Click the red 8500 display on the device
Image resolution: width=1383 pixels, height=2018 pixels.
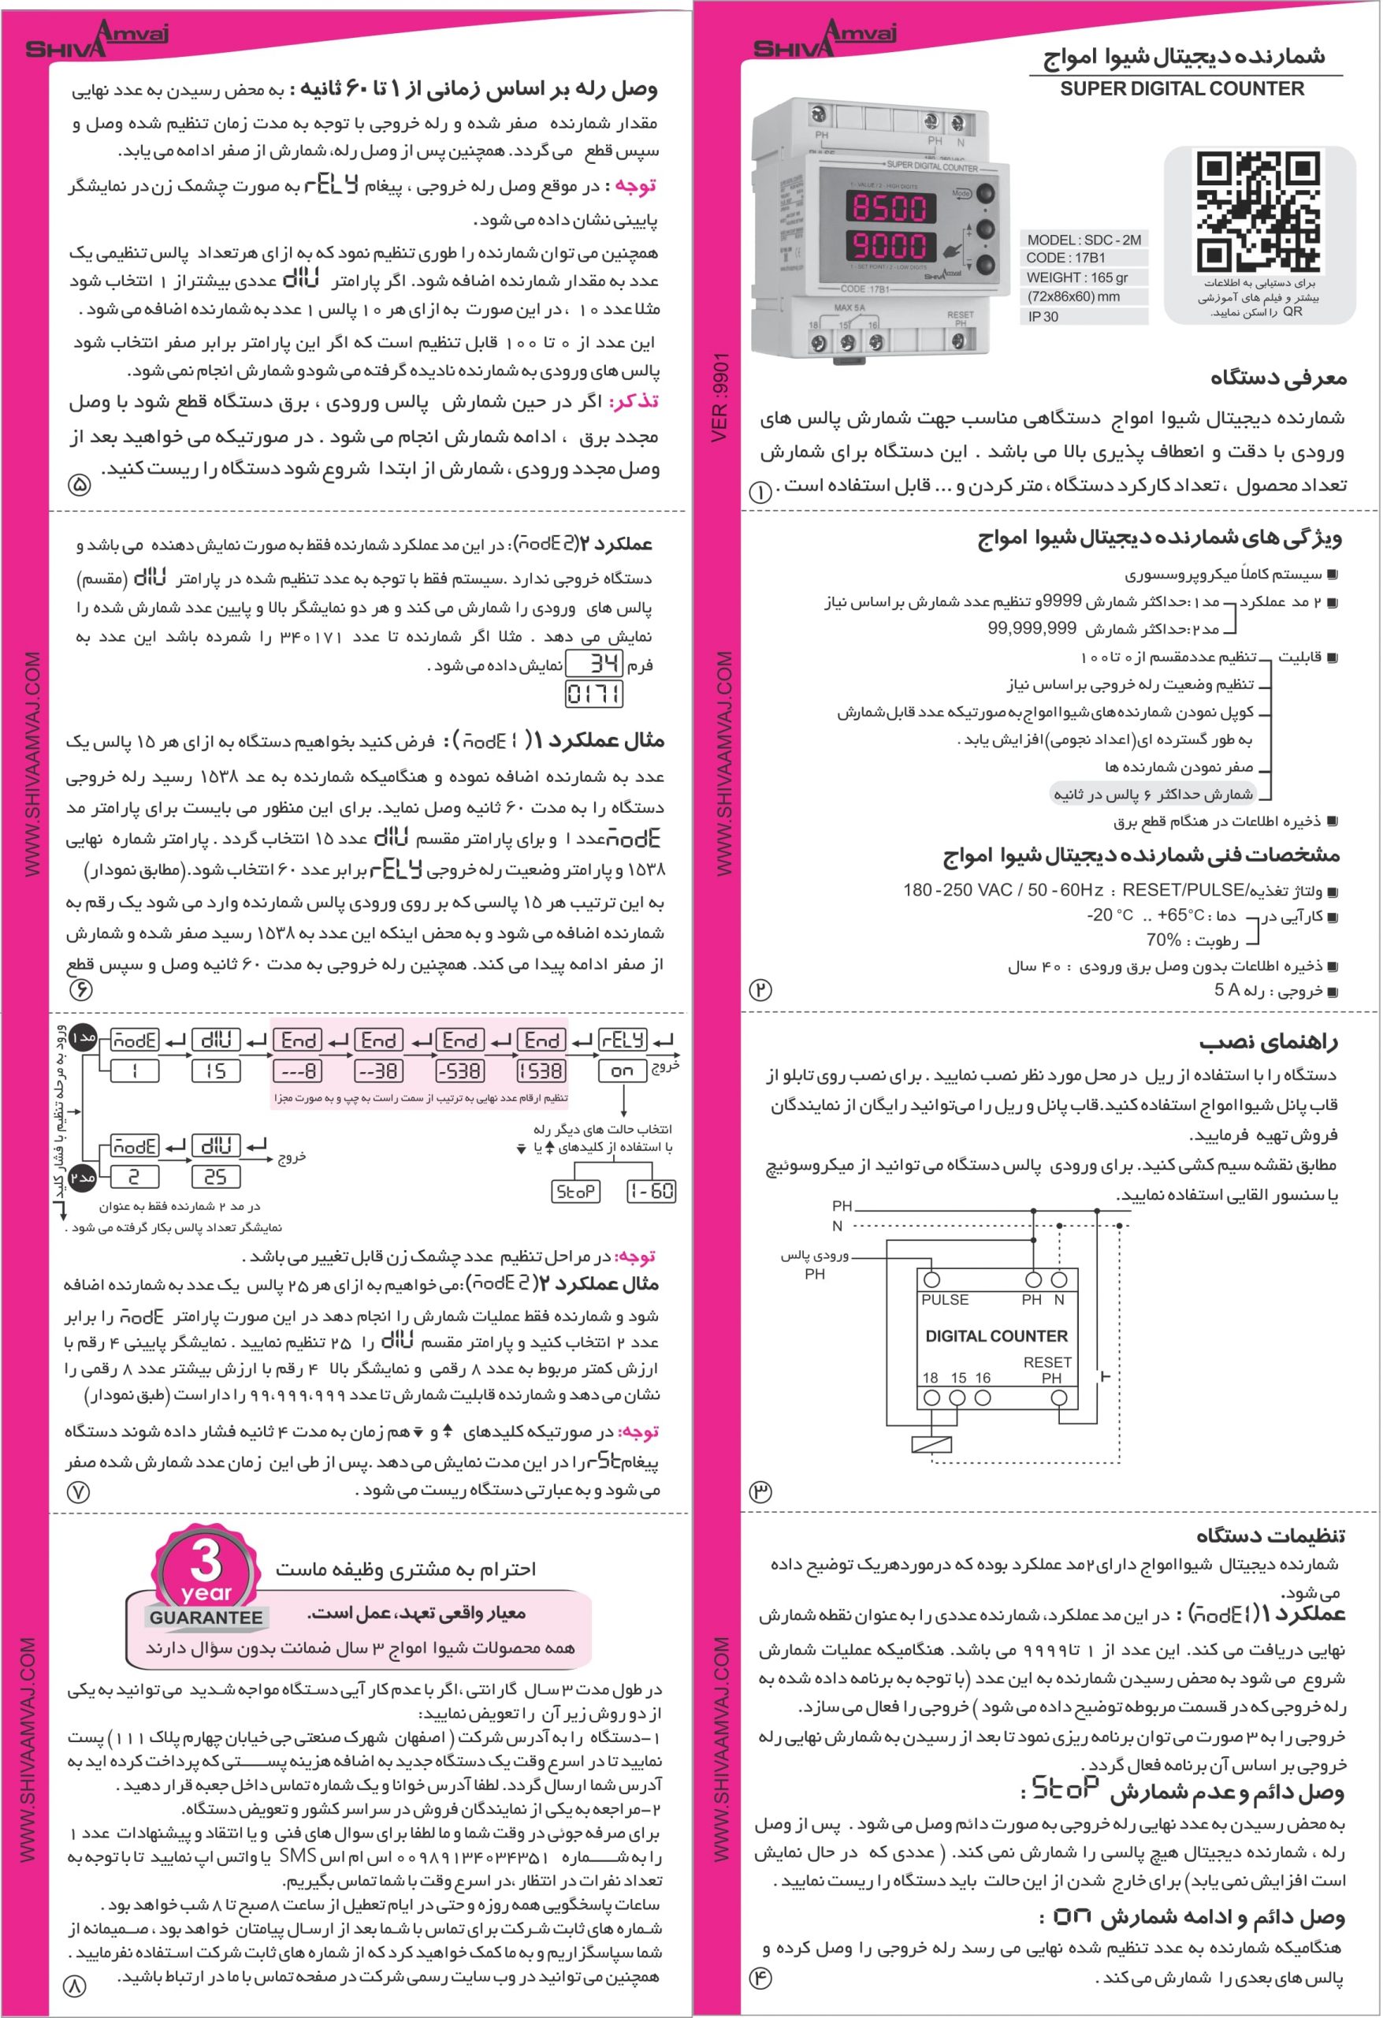[889, 207]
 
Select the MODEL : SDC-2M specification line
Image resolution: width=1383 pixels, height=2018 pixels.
[1084, 240]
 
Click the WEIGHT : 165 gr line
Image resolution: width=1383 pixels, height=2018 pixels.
[1077, 277]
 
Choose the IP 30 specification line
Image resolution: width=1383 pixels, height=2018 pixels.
[1043, 317]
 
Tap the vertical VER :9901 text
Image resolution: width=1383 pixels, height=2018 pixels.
[719, 397]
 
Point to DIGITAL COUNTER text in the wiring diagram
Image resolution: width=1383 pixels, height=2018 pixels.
[996, 1336]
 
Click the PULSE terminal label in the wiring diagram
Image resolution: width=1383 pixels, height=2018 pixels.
[945, 1300]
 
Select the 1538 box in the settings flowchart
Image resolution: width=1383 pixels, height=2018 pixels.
[541, 1071]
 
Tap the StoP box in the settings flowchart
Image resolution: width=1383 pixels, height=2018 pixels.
[574, 1191]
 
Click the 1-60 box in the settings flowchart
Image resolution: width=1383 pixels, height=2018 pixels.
[651, 1191]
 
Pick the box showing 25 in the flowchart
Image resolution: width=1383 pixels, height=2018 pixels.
[215, 1178]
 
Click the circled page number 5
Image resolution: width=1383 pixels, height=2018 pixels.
[79, 485]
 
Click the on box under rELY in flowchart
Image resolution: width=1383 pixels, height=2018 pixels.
[622, 1071]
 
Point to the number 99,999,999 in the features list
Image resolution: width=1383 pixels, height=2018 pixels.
[1032, 627]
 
